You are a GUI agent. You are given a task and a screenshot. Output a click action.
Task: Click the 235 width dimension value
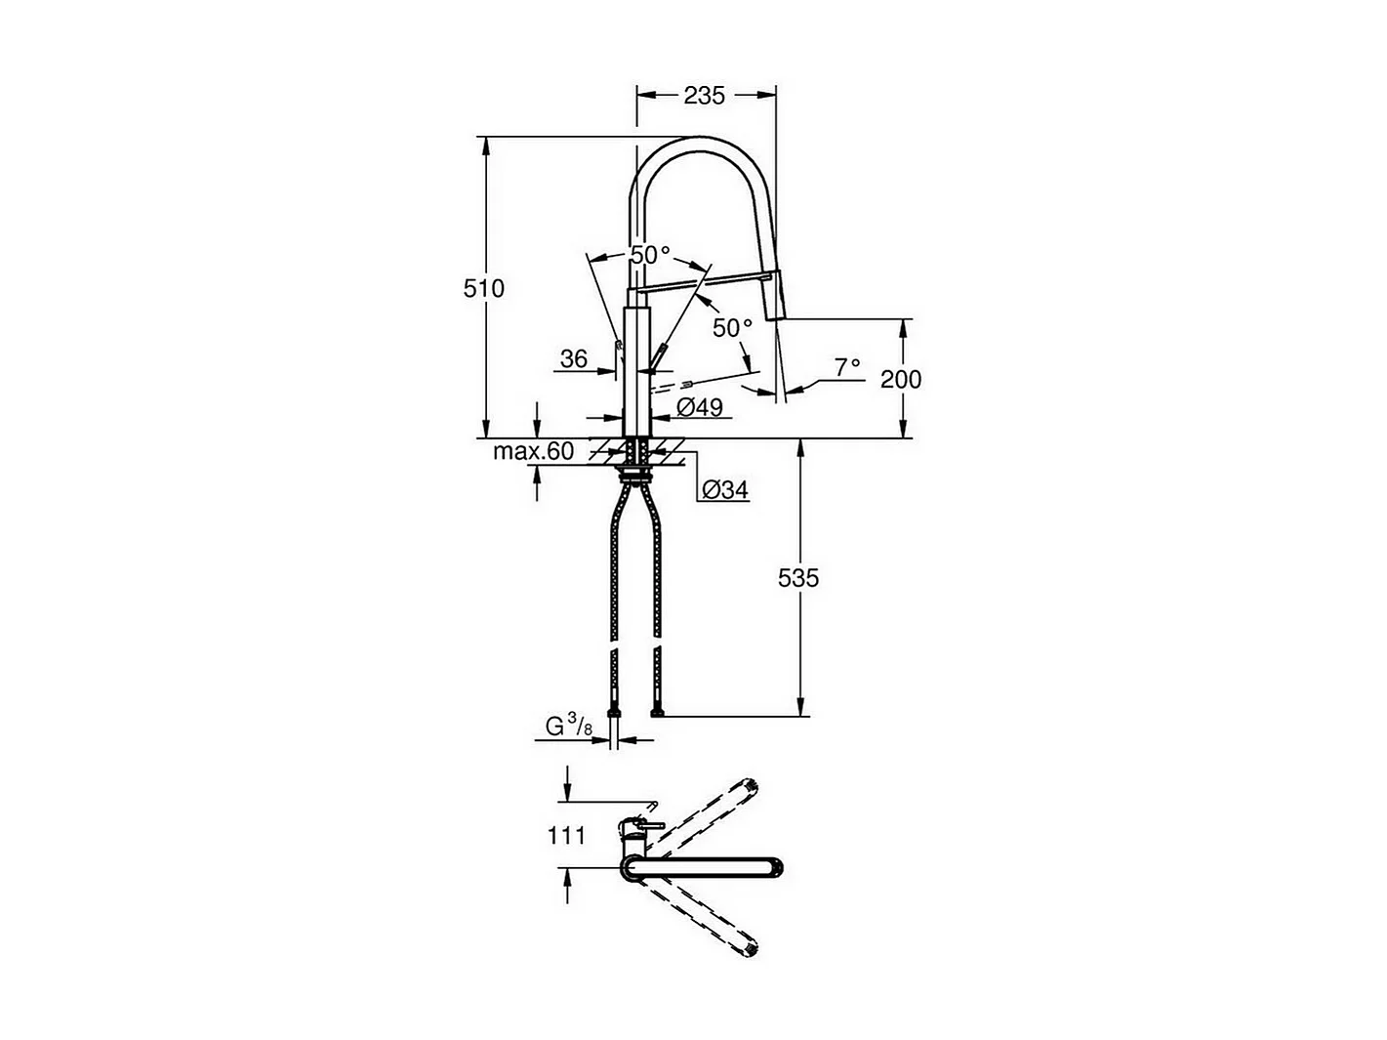coord(704,95)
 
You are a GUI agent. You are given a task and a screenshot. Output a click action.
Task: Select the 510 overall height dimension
coord(484,288)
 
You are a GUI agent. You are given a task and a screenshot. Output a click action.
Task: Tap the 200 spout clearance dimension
coord(900,378)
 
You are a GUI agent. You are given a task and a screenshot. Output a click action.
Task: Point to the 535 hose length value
coord(798,578)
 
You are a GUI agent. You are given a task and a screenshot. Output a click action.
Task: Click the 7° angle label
coord(847,366)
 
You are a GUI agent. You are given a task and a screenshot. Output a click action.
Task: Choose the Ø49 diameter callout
coord(699,408)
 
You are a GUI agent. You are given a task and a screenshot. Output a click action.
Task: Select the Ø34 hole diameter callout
coord(725,490)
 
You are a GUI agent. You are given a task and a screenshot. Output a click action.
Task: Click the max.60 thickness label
coord(533,452)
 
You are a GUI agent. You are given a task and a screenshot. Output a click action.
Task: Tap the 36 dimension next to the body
coord(573,358)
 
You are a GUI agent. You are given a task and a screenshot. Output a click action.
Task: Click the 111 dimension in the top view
coord(566,835)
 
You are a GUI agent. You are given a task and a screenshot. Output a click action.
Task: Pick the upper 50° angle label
coord(650,255)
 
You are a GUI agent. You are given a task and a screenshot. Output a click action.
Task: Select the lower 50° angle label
coord(732,328)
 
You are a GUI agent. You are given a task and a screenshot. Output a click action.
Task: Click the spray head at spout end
coord(774,298)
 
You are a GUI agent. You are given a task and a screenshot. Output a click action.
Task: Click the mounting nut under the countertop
coord(637,477)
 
